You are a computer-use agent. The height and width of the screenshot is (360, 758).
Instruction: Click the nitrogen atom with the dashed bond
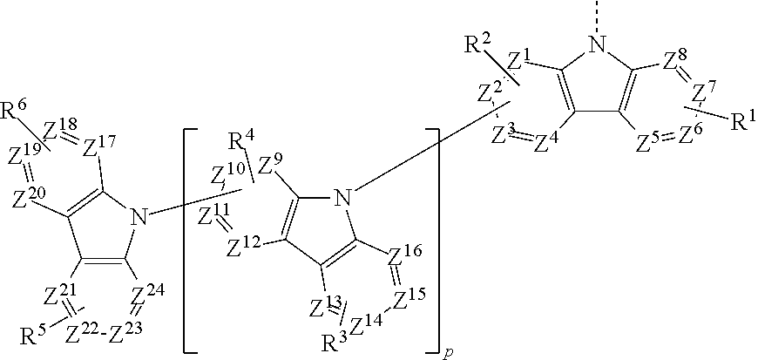598,46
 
